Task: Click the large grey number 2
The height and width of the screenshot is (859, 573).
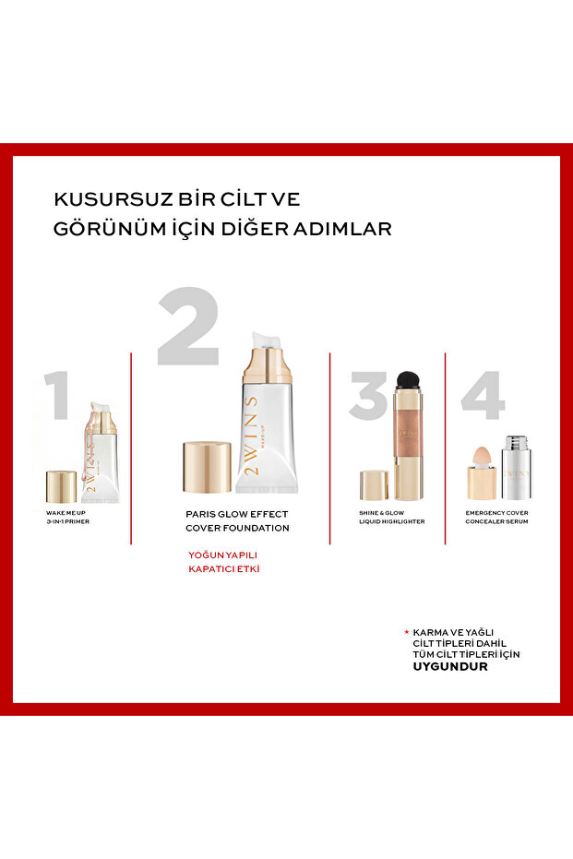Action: pyautogui.click(x=189, y=326)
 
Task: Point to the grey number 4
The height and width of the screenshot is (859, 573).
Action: pyautogui.click(x=483, y=395)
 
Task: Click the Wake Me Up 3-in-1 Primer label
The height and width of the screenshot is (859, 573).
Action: pyautogui.click(x=68, y=517)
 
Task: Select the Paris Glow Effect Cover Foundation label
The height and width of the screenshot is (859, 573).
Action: pyautogui.click(x=237, y=521)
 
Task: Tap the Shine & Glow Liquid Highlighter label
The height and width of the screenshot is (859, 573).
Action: pyautogui.click(x=391, y=517)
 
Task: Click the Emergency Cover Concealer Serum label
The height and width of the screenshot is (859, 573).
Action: pyautogui.click(x=496, y=517)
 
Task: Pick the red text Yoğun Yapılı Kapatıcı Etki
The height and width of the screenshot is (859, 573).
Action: pyautogui.click(x=224, y=562)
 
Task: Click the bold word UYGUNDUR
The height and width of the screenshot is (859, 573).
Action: pyautogui.click(x=449, y=667)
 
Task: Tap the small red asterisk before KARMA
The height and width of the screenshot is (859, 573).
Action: pyautogui.click(x=407, y=632)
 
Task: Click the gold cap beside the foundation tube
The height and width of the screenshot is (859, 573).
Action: pyautogui.click(x=207, y=466)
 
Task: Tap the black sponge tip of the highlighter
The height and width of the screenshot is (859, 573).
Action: pyautogui.click(x=407, y=378)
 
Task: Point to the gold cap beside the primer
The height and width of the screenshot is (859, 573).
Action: pyautogui.click(x=61, y=486)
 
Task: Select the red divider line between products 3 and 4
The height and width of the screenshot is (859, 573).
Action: pyautogui.click(x=445, y=448)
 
